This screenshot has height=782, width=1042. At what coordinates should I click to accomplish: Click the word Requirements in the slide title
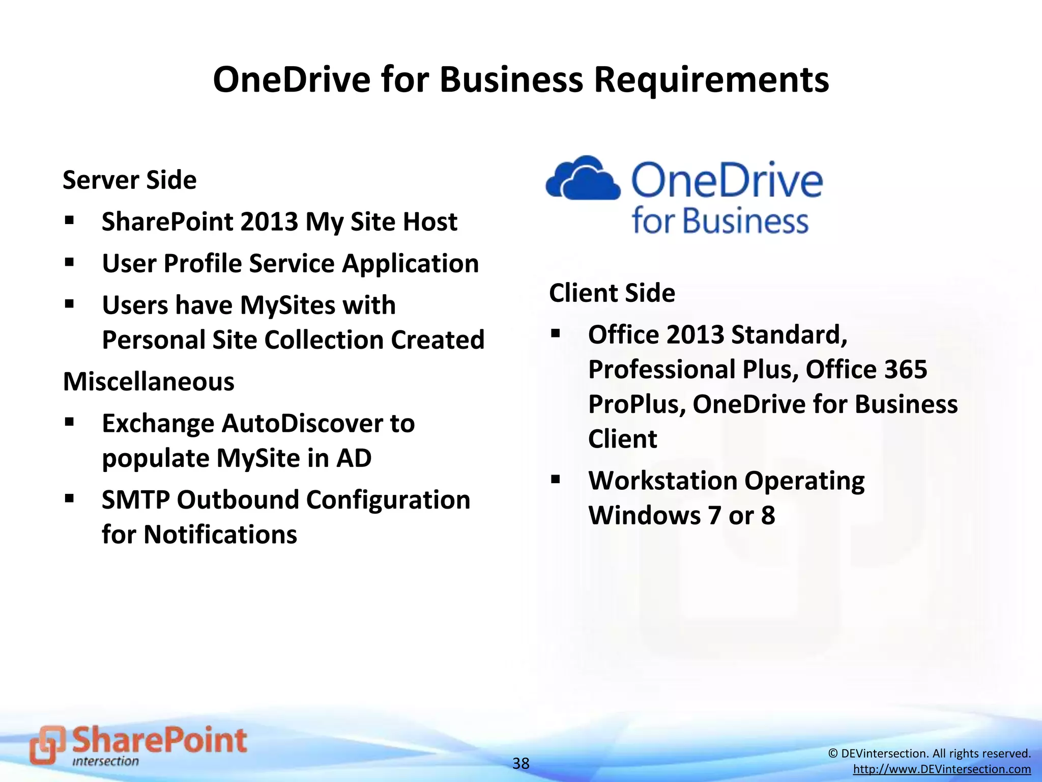[x=711, y=80]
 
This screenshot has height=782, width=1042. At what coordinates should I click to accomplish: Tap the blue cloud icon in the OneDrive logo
[x=583, y=178]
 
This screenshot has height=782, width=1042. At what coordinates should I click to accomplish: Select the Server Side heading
[x=129, y=180]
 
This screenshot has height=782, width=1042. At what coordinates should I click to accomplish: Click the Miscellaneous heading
[x=149, y=382]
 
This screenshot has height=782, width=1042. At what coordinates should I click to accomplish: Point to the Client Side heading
[x=612, y=293]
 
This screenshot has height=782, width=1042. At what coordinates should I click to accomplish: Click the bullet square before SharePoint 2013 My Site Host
[x=70, y=221]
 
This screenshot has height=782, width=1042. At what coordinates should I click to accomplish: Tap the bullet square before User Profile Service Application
[x=70, y=263]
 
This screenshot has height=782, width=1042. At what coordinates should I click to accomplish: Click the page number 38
[x=520, y=763]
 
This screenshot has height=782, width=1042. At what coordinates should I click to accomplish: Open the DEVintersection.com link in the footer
[x=942, y=769]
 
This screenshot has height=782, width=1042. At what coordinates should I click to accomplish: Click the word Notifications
[x=220, y=535]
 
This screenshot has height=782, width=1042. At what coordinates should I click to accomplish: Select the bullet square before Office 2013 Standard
[x=556, y=334]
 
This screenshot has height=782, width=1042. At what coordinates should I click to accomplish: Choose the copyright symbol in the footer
[x=833, y=753]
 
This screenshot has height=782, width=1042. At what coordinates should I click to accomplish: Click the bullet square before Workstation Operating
[x=556, y=480]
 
